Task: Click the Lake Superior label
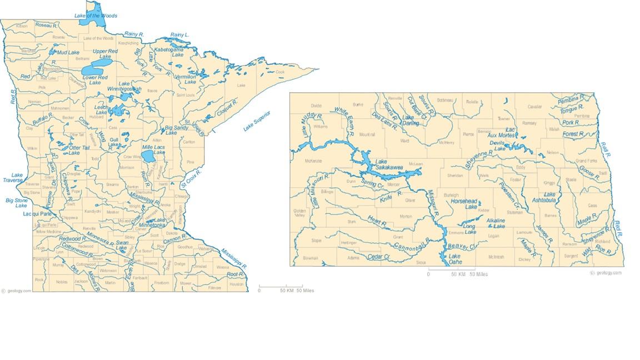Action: pos(257,121)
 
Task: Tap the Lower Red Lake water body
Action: pos(93,70)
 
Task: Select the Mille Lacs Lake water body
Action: pos(148,157)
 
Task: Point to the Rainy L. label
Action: pos(179,34)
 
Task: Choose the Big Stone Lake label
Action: pos(16,203)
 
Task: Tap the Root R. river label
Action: pos(235,274)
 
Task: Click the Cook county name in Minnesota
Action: pos(280,72)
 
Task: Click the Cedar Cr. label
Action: pos(379,256)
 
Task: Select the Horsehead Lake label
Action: pos(463,203)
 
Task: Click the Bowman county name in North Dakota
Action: pos(311,258)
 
